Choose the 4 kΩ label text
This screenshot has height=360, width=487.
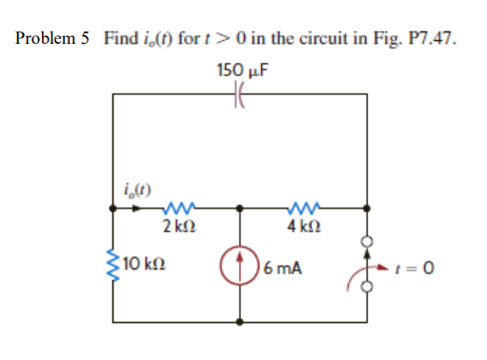302,225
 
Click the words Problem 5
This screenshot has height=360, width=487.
53,38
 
